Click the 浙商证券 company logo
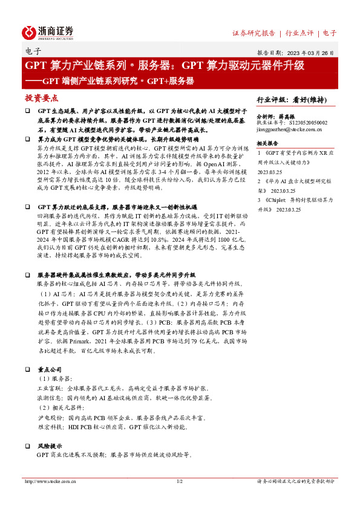pyautogui.click(x=48, y=31)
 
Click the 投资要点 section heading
pyautogui.click(x=41, y=98)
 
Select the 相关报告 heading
pyautogui.click(x=268, y=143)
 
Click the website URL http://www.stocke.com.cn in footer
pyautogui.click(x=48, y=481)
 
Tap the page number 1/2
pyautogui.click(x=179, y=481)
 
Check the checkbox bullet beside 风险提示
pyautogui.click(x=27, y=445)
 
